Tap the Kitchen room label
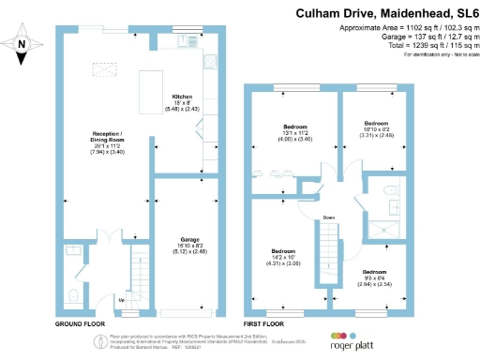[182, 97]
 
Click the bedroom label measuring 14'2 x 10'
[284, 251]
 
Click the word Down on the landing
[328, 217]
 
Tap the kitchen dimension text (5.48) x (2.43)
[182, 110]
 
